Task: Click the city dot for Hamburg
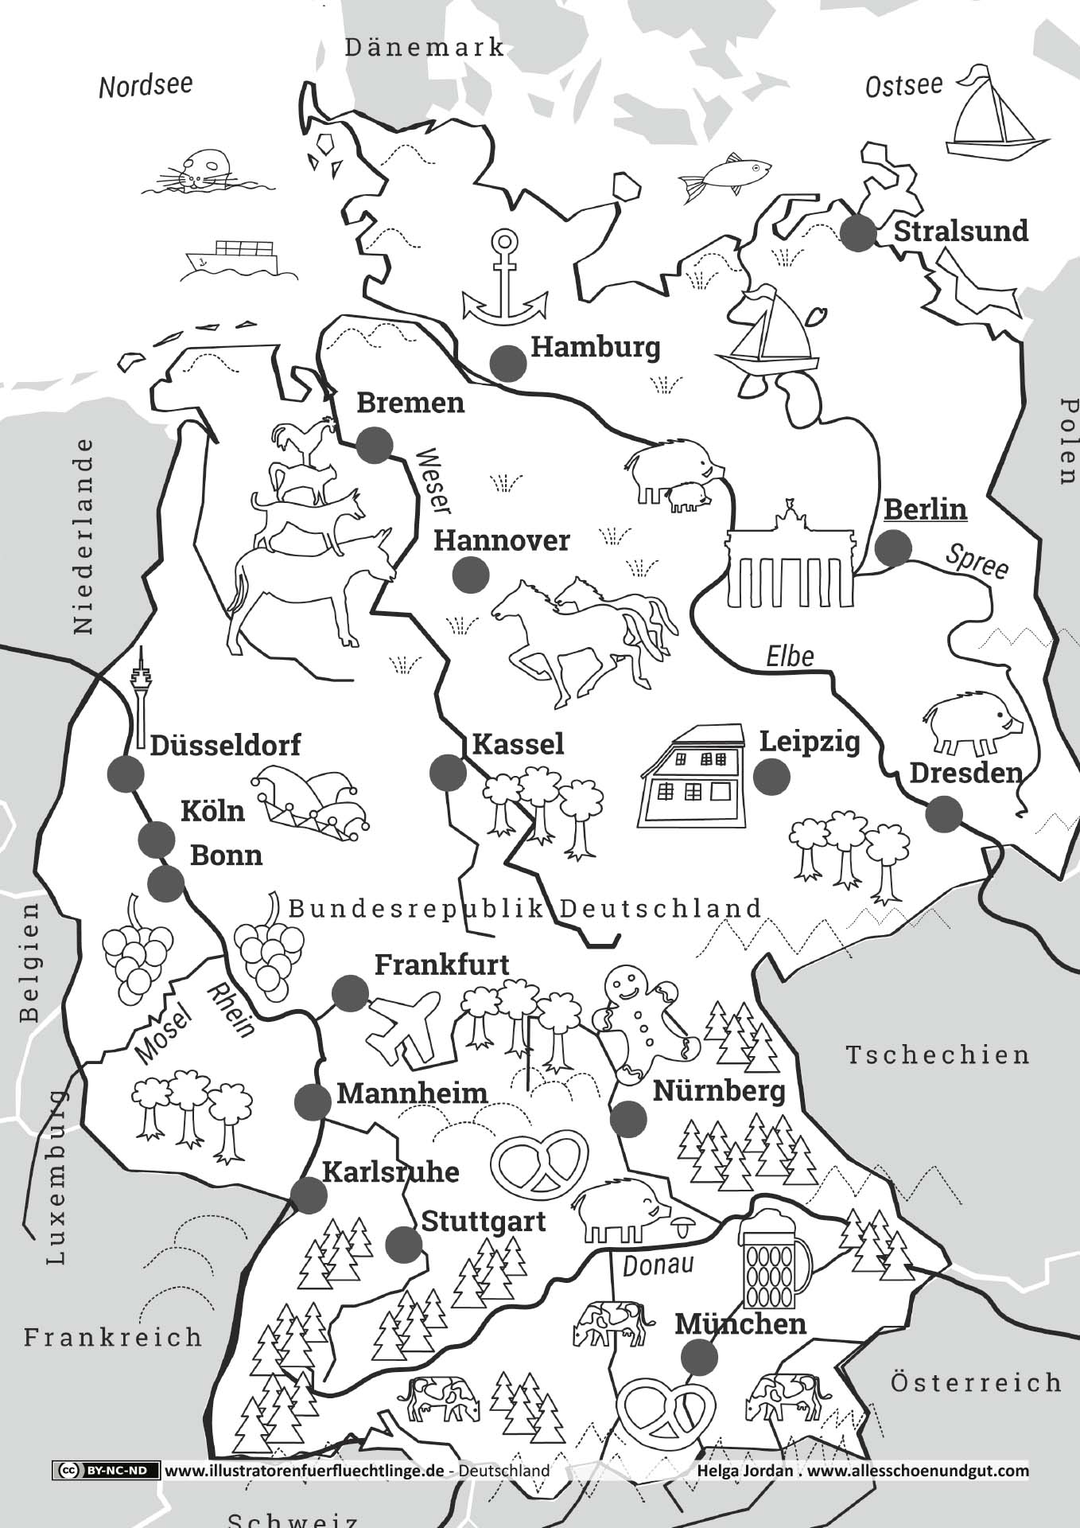tap(507, 364)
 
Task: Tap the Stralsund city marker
tap(858, 234)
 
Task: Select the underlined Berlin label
tap(925, 509)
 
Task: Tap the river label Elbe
tap(790, 657)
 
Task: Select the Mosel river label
tap(164, 1034)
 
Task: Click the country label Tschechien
tap(937, 1055)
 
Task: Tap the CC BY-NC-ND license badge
tap(106, 1470)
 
